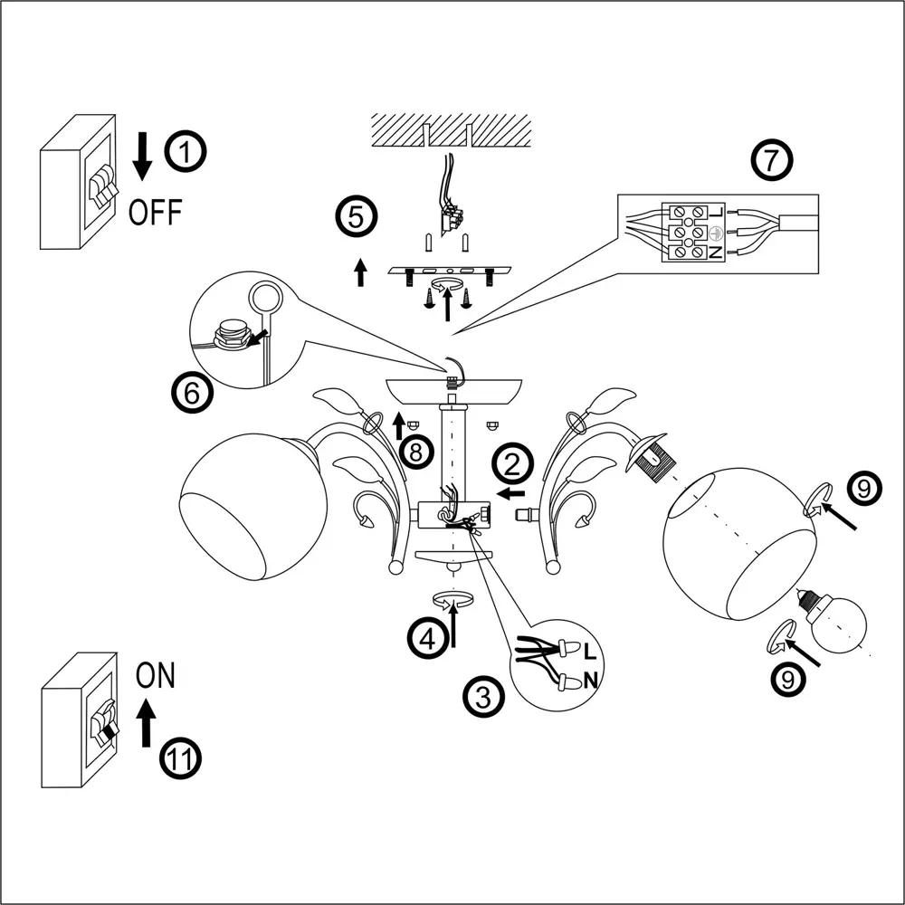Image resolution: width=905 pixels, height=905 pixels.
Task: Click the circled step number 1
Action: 186,153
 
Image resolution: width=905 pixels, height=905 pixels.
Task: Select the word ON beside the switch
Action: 155,675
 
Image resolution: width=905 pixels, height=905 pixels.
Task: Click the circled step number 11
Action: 181,757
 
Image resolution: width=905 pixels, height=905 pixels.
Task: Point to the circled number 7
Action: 771,161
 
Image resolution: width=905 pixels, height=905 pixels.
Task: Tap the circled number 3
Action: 484,697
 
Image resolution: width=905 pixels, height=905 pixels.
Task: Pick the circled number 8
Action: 415,451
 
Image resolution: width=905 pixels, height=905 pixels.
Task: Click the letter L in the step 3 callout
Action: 590,651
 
